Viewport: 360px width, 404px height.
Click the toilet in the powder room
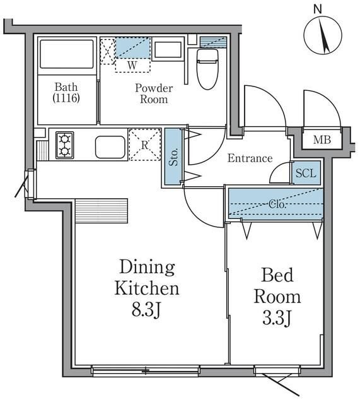click(207, 69)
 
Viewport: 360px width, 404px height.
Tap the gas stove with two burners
click(65, 145)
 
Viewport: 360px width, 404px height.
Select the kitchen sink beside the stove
click(110, 147)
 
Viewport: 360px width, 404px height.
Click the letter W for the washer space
click(132, 66)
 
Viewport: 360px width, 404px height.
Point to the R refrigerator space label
click(145, 145)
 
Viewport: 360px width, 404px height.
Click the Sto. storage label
click(174, 157)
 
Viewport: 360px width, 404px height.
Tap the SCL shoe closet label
click(306, 174)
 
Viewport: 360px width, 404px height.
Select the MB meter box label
click(322, 140)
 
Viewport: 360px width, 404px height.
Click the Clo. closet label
click(277, 205)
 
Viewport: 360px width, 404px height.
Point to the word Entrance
click(250, 158)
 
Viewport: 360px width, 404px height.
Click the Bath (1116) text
click(66, 93)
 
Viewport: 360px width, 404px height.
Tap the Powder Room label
click(154, 93)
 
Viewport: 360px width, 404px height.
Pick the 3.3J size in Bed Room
click(277, 318)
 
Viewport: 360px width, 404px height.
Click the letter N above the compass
click(318, 9)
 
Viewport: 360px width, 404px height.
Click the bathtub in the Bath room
click(67, 54)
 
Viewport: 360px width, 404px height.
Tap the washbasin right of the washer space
click(168, 49)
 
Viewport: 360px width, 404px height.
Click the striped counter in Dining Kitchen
click(102, 211)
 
